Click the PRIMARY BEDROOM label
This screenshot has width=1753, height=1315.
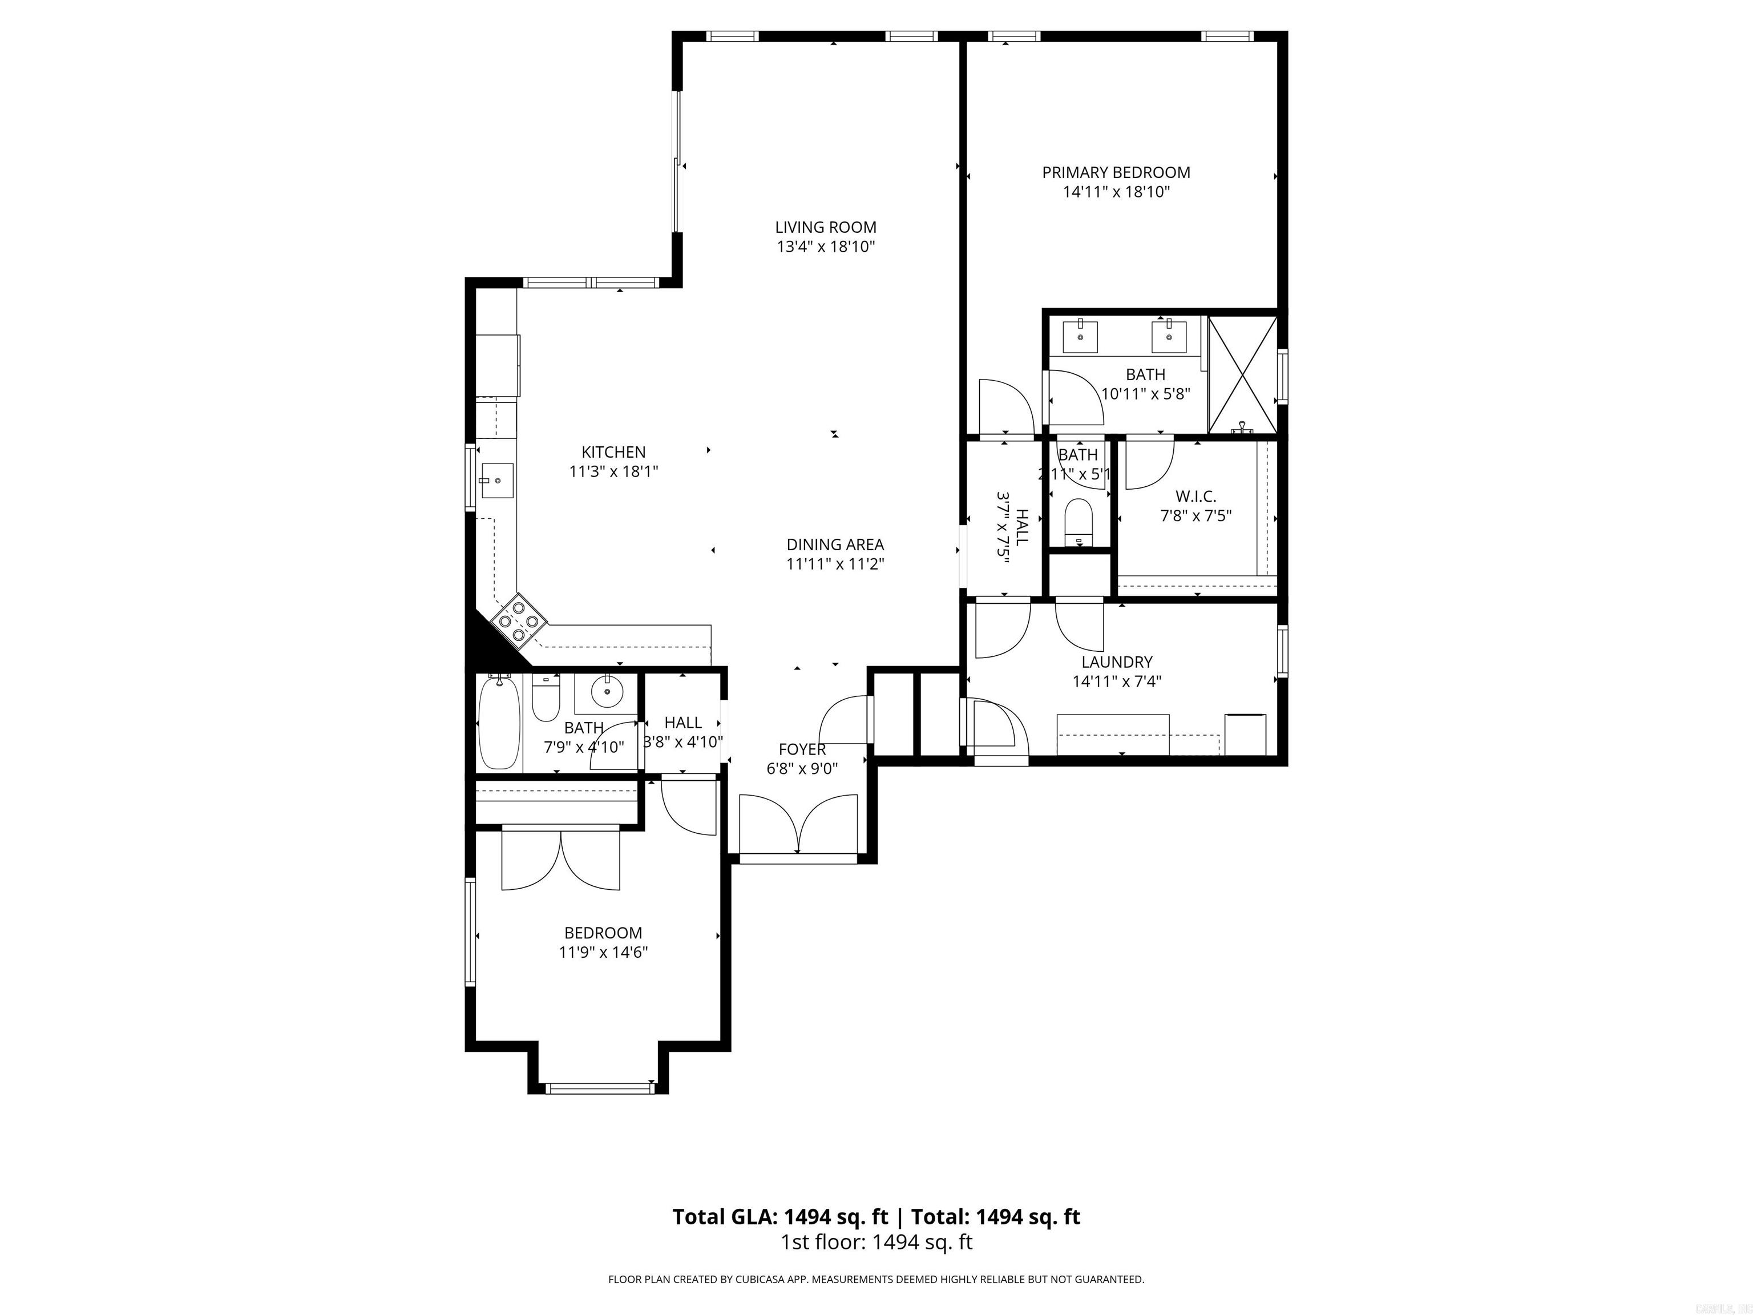tap(1115, 172)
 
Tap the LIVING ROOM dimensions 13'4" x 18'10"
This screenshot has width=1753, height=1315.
tap(825, 247)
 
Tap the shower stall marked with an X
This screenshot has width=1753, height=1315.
tap(1242, 375)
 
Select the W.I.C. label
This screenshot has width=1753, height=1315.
tap(1195, 496)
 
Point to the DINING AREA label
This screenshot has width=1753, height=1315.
tap(834, 544)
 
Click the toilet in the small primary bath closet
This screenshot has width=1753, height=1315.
tap(1078, 520)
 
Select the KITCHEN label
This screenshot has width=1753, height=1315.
tap(613, 452)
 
